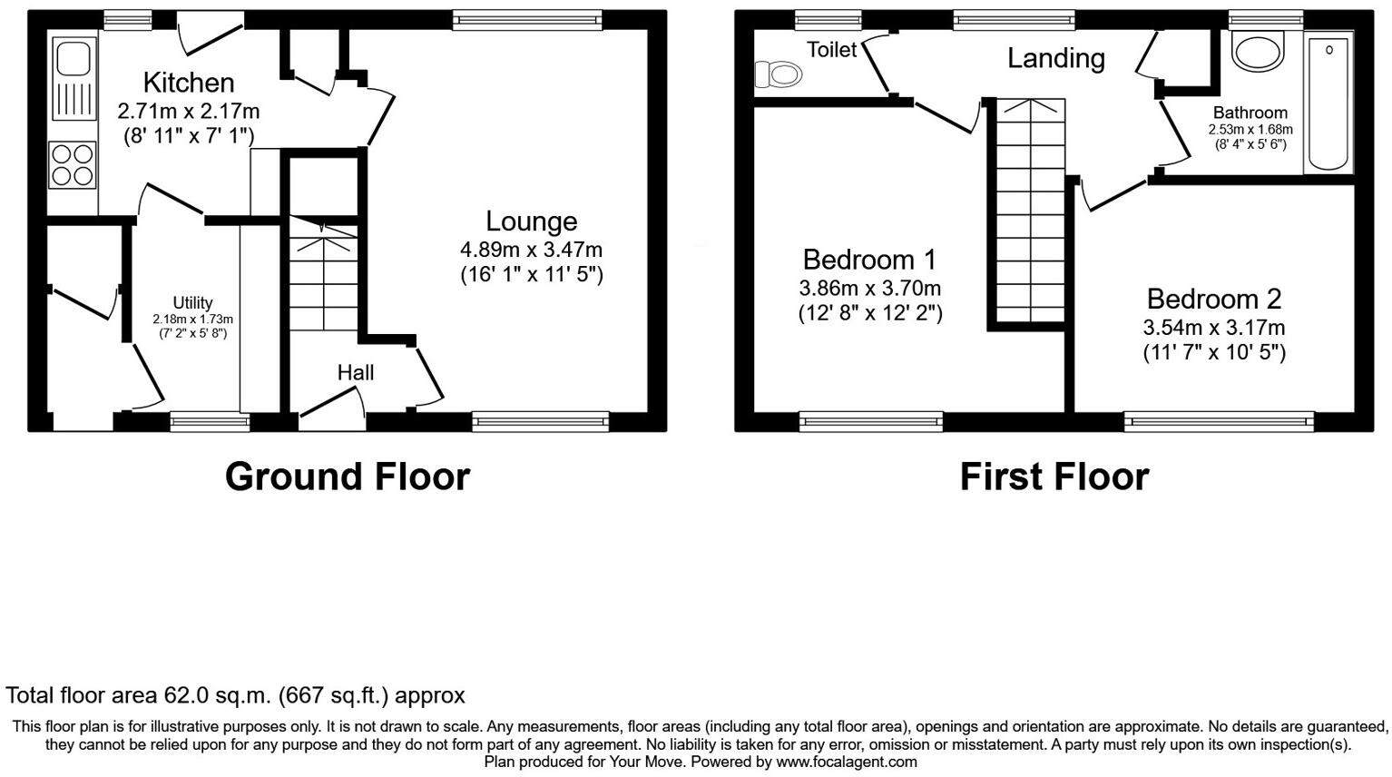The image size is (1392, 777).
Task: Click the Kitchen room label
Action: point(189,83)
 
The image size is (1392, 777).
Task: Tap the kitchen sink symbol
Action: point(73,78)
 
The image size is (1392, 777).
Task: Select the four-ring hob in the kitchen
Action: point(72,165)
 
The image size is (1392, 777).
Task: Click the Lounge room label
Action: point(531,221)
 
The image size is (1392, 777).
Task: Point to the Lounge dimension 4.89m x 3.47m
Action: point(531,250)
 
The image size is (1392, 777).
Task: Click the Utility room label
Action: point(192,303)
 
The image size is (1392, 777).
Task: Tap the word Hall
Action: point(356,372)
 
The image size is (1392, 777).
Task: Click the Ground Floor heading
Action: point(348,477)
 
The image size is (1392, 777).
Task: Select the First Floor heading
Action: point(1054,477)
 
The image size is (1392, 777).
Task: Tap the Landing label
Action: point(1056,58)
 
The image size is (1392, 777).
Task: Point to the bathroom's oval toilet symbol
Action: point(1260,52)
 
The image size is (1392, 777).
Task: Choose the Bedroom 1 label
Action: point(869,260)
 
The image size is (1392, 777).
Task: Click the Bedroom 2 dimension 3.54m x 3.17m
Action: point(1213,328)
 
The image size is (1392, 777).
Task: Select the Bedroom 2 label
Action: point(1213,299)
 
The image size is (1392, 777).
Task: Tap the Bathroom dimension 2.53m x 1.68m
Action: point(1250,130)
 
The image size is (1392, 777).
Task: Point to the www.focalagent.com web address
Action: point(846,762)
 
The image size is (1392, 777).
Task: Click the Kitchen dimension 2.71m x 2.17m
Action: point(189,112)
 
